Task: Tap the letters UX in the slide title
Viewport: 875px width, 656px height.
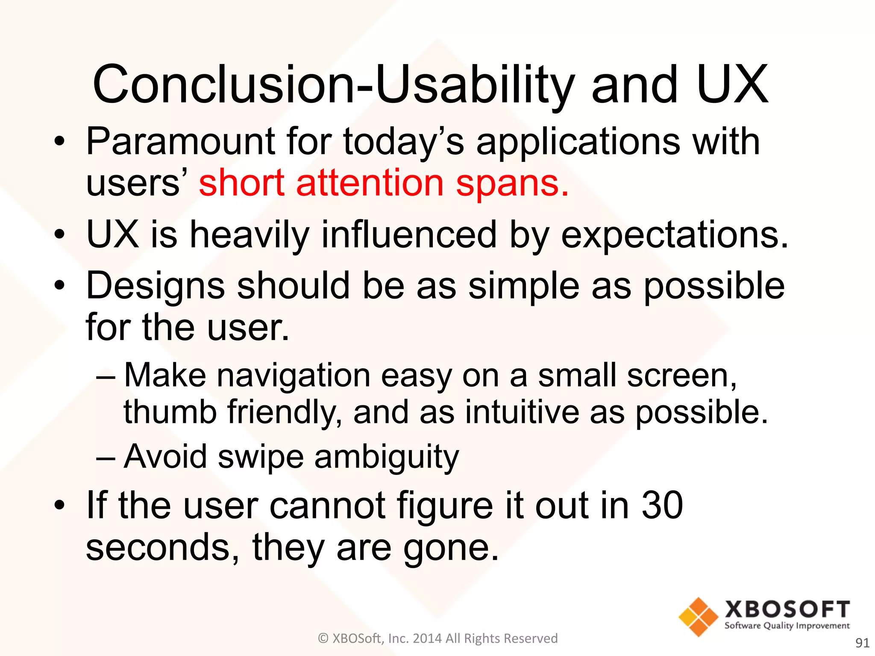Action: click(732, 85)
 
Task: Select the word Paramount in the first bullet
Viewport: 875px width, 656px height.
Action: click(180, 142)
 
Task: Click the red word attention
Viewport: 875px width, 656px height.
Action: click(370, 183)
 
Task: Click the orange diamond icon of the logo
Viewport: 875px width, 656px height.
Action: click(698, 617)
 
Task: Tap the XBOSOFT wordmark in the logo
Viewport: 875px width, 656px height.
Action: click(787, 609)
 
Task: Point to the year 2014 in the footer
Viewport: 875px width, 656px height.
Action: click(428, 638)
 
